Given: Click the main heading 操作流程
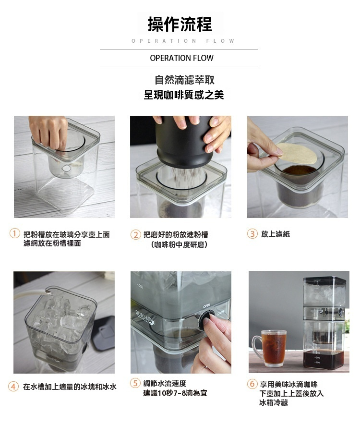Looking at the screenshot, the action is (x=180, y=24).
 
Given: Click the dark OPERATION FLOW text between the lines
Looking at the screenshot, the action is (x=182, y=58).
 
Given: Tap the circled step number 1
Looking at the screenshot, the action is (x=14, y=233).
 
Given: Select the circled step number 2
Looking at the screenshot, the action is (x=135, y=234).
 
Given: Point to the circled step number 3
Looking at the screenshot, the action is (x=252, y=234).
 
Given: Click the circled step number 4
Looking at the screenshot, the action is (x=13, y=386).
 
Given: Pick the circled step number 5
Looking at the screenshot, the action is (x=135, y=383).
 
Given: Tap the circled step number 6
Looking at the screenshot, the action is (x=252, y=384).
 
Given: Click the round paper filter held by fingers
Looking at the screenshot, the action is (x=297, y=153).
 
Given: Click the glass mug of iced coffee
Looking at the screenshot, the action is (x=270, y=348).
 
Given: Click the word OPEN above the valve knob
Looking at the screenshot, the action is (x=207, y=306).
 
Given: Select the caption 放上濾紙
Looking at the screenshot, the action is (x=276, y=234).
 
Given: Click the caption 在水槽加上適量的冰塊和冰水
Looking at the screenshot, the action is (x=70, y=387).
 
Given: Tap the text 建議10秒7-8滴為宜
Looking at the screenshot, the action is (x=175, y=393).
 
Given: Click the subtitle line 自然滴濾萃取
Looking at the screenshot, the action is (x=184, y=80).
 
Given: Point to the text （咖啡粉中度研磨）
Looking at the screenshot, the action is (x=180, y=244).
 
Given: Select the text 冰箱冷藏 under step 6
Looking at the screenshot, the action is (x=274, y=402).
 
